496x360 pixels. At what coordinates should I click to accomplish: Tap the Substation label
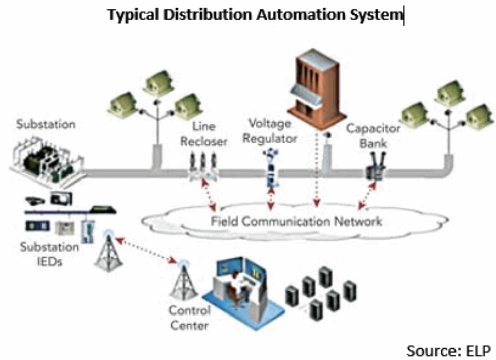[46, 124]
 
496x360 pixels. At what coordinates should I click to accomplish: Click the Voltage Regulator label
[270, 130]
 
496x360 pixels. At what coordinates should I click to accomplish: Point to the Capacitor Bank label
[373, 136]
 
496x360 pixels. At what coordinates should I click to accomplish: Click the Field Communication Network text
[296, 221]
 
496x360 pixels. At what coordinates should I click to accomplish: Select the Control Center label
[189, 318]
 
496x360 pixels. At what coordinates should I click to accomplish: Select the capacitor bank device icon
[375, 167]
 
